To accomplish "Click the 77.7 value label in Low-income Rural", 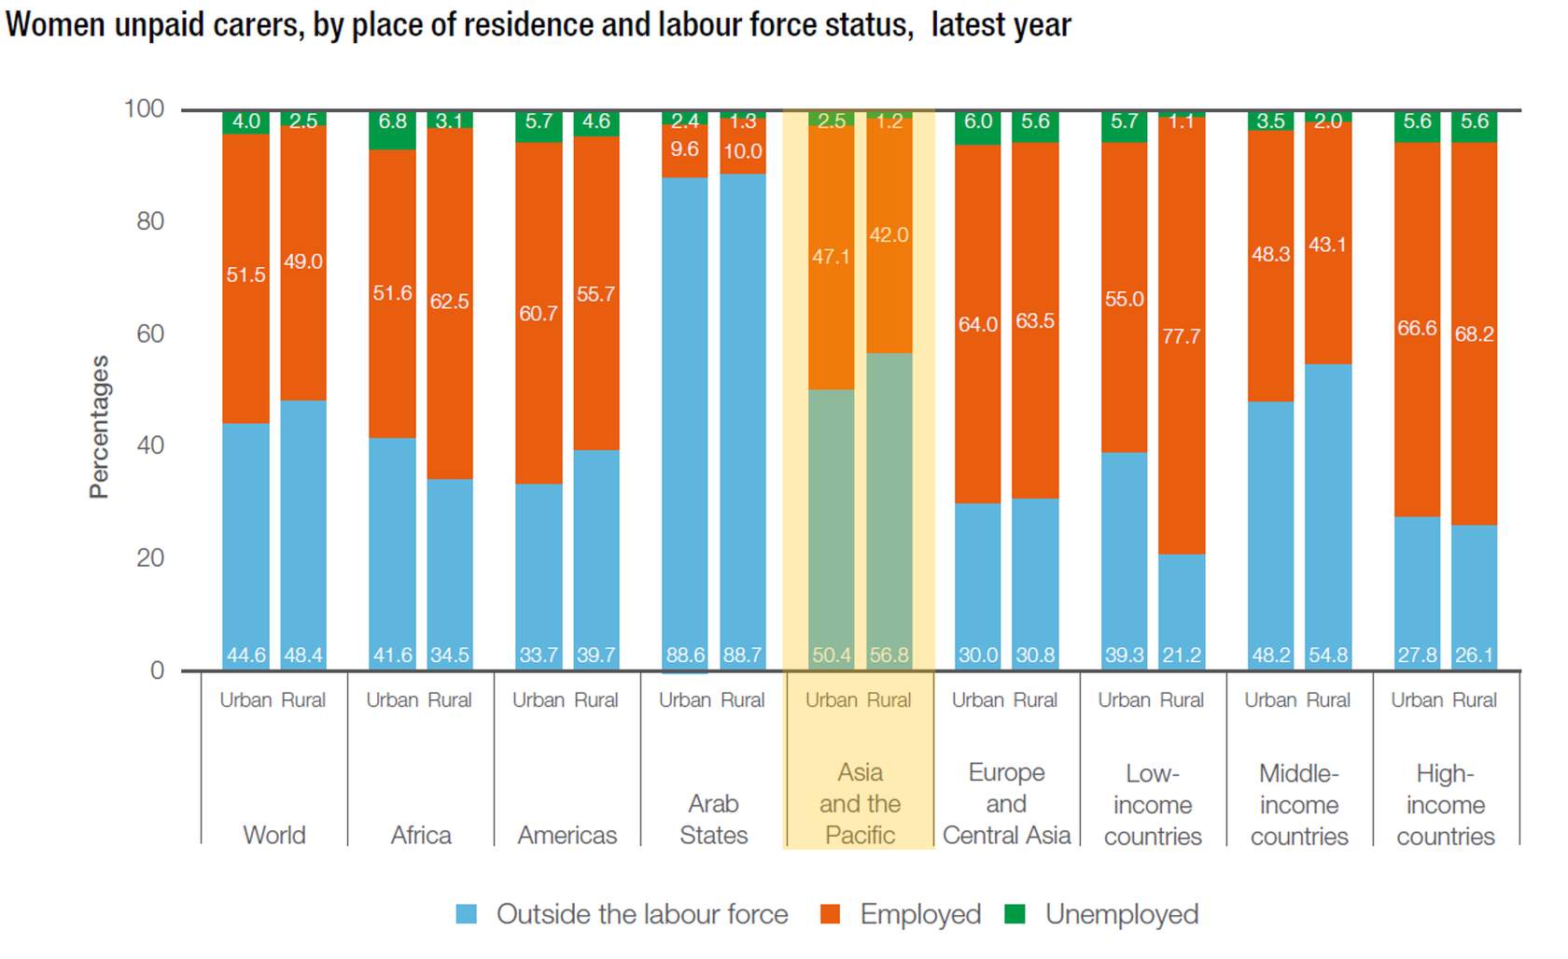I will [1182, 336].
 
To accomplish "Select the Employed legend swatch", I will [830, 914].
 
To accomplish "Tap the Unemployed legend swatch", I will [1015, 914].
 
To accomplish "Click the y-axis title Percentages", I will [99, 427].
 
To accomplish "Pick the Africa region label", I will [421, 835].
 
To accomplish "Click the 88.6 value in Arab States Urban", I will [685, 656].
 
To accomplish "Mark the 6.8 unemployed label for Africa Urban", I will [393, 121].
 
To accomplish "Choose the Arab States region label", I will [714, 819].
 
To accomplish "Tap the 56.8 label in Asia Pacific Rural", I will [889, 656].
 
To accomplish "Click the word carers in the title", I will [257, 24].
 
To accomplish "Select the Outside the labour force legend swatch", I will [467, 914].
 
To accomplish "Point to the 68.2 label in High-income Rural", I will [1475, 334].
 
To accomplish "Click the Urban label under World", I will [246, 700].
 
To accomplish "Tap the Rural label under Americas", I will [596, 700].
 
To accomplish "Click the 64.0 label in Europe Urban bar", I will [978, 324].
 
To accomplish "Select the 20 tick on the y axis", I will [150, 557].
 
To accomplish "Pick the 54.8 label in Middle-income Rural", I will [1328, 656].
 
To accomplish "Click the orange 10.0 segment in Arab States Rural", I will [743, 151].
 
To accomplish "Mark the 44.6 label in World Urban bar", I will [246, 656].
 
